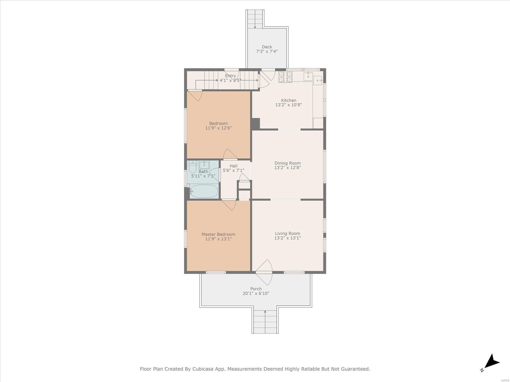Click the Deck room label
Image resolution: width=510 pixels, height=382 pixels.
267,47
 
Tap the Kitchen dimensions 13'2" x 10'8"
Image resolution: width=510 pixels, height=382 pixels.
288,105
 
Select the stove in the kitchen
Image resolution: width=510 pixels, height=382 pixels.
285,77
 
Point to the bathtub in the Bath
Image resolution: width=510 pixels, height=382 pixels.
204,191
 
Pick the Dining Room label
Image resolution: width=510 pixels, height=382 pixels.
288,163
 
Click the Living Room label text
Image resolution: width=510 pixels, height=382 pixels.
288,233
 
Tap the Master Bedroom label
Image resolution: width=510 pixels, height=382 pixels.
218,234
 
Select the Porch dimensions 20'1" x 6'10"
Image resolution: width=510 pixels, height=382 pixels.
256,294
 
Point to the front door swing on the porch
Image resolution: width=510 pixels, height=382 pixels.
264,272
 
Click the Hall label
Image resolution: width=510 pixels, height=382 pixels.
234,166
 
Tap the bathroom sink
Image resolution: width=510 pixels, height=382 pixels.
204,165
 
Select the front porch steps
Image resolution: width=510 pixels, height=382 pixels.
265,322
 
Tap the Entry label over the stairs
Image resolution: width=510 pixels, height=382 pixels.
230,76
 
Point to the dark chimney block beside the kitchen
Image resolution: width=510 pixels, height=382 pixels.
255,124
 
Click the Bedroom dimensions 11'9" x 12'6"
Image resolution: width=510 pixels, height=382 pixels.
218,128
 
